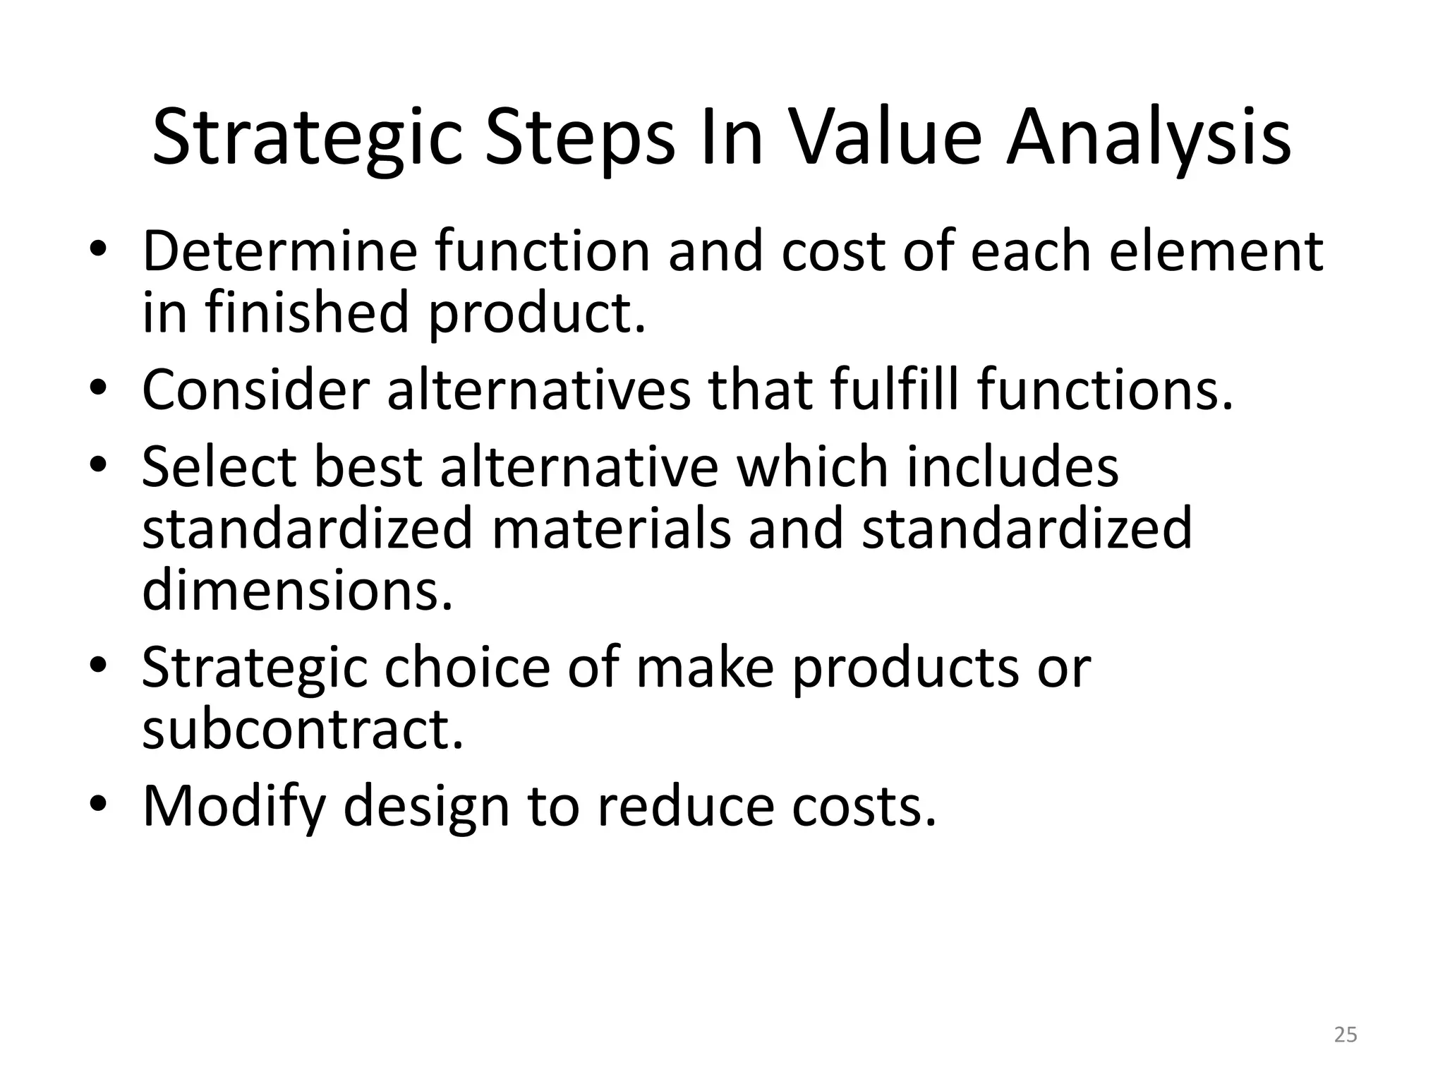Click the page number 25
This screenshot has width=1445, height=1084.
click(x=1346, y=1035)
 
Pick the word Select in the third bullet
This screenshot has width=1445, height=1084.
click(x=219, y=467)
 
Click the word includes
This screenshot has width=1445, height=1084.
click(x=1012, y=467)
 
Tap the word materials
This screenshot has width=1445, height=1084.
click(x=611, y=529)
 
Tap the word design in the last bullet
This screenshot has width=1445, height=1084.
click(x=425, y=807)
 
